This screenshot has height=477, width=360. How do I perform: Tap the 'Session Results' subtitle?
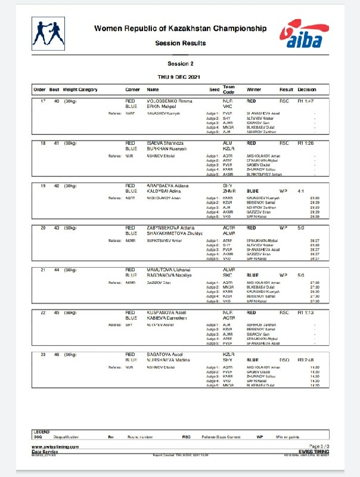click(x=180, y=43)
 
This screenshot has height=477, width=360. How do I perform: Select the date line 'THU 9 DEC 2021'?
click(x=180, y=77)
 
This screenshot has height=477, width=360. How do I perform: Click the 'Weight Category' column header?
click(x=80, y=89)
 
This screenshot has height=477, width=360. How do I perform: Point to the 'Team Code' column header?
click(x=229, y=89)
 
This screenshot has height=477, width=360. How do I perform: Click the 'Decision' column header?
click(x=307, y=89)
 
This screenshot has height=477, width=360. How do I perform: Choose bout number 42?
click(x=56, y=185)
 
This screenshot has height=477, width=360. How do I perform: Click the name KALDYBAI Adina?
click(x=163, y=190)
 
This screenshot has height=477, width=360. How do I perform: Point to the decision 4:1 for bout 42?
click(x=303, y=190)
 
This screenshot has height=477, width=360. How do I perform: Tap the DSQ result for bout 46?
click(x=284, y=360)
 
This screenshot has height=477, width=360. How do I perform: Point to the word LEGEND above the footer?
click(x=41, y=431)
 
